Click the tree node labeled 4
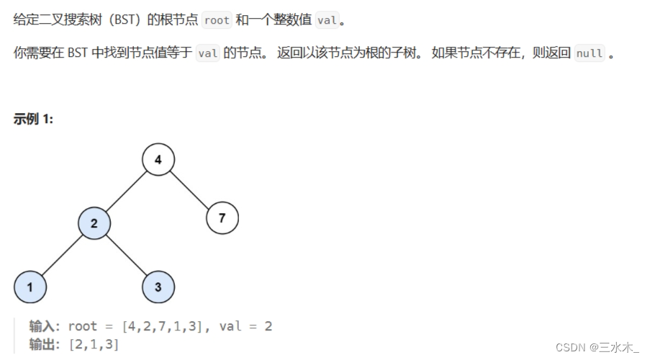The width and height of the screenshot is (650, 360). [158, 160]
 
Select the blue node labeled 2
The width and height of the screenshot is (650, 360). [94, 224]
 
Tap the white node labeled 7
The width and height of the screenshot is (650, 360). [222, 217]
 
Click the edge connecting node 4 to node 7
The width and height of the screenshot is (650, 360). [191, 189]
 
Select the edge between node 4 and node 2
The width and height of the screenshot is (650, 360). [127, 192]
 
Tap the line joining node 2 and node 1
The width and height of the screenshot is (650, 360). [63, 256]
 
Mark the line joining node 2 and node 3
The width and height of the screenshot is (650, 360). [127, 256]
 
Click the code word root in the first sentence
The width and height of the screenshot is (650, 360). [217, 20]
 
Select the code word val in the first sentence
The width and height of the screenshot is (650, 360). [326, 20]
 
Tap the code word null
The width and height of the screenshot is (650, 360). [590, 54]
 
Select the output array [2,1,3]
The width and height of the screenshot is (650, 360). [94, 344]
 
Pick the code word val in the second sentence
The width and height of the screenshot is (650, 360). [207, 54]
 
